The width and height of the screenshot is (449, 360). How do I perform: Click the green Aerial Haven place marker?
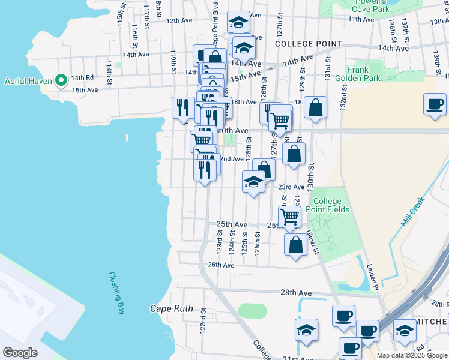pos(61,80)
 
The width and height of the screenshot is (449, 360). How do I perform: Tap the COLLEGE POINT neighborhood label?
pos(308,44)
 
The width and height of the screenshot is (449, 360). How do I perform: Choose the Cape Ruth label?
pos(171,309)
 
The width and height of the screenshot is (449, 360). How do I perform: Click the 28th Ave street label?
pos(296,292)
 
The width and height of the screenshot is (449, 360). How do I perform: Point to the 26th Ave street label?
pos(220,265)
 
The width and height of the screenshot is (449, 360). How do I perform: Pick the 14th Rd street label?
pos(82,77)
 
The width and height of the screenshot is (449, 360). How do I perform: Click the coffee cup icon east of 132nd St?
pos(435,104)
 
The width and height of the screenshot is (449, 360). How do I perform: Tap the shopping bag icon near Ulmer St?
pos(295,245)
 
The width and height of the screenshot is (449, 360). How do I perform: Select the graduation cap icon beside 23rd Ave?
pos(253,181)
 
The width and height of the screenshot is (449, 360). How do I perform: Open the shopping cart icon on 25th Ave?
pos(289,216)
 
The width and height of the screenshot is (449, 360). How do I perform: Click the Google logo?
pos(20,352)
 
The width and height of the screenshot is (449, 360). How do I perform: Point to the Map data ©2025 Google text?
pos(411,355)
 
